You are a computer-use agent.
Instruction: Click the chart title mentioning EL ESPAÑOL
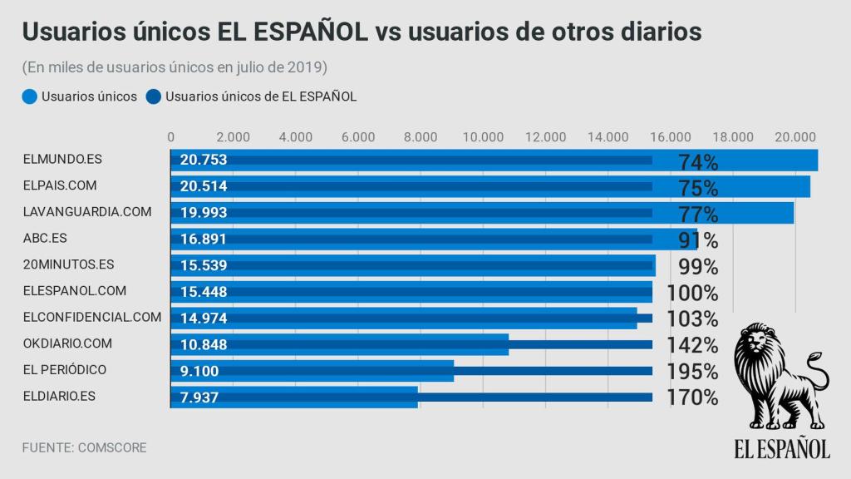[362, 31]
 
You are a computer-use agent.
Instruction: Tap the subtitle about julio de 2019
[175, 67]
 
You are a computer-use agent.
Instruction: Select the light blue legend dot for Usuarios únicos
[30, 96]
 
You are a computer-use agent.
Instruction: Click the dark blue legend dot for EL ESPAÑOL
[154, 96]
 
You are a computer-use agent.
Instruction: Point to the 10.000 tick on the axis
[483, 137]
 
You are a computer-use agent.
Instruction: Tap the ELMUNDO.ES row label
[62, 160]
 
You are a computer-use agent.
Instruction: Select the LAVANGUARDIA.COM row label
[87, 212]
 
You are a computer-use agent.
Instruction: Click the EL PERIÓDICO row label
[65, 369]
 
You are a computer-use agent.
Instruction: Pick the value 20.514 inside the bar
[204, 186]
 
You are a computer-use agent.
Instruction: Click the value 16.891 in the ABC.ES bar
[204, 239]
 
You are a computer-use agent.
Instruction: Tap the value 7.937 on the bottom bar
[199, 398]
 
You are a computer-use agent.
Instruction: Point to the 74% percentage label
[698, 161]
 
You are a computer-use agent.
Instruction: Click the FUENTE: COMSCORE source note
[84, 447]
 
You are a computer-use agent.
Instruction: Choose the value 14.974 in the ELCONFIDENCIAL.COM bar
[204, 318]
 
